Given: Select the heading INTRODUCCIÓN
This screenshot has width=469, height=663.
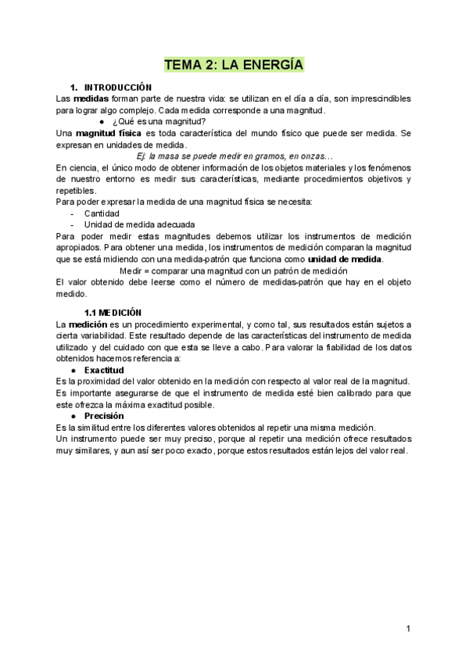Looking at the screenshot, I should coord(117,87).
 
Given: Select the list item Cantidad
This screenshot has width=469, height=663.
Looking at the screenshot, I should coord(102,213).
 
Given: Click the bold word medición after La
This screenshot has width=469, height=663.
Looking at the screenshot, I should coord(88,324).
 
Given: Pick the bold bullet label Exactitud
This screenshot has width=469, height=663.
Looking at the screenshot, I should coord(104,369).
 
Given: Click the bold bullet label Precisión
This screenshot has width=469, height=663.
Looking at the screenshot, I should coord(104,416).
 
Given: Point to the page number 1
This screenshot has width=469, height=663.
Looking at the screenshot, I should coord(408,629).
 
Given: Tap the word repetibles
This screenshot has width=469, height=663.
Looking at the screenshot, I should coord(76,190).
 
